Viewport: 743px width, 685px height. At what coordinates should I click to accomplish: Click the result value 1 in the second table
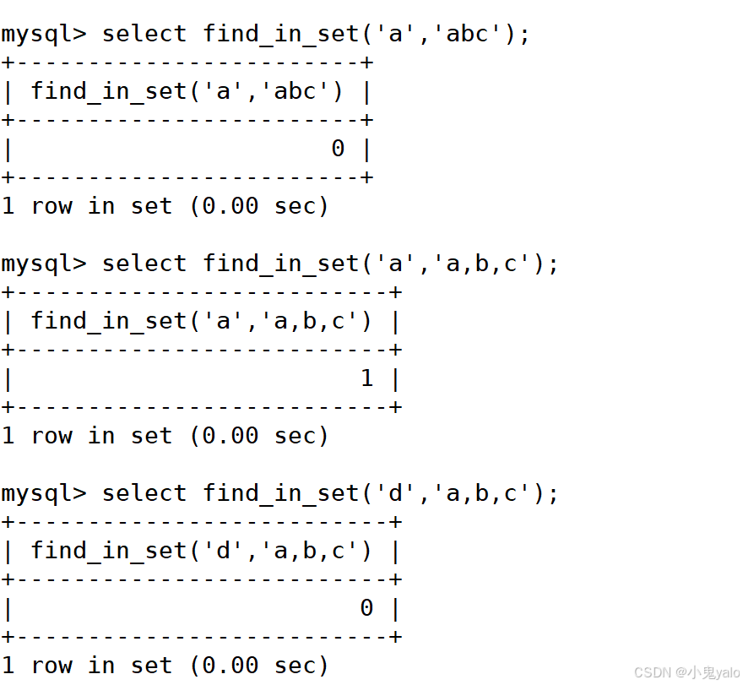pos(366,378)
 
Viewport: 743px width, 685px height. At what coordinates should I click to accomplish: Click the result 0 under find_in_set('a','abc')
pos(338,149)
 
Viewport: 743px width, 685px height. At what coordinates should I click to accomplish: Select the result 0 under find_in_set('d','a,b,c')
pos(366,608)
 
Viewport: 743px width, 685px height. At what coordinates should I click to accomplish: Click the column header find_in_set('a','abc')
pos(187,91)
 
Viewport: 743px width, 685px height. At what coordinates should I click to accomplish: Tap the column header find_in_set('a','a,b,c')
pos(201,321)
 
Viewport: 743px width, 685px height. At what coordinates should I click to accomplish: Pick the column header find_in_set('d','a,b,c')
pos(201,551)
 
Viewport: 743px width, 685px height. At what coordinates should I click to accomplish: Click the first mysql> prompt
pos(44,34)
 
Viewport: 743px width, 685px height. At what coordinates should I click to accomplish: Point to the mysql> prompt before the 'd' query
pos(44,493)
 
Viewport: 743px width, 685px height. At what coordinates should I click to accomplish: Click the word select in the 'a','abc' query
pos(144,34)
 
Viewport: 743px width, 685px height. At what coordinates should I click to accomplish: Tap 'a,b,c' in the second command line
pos(481,264)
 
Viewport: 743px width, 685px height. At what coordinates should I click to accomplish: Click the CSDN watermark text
pos(686,672)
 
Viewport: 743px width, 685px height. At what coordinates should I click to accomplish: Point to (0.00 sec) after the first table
pos(259,206)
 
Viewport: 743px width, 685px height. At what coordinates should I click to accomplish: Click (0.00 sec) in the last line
pos(259,666)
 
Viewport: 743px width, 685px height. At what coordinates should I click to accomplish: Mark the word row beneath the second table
pos(52,436)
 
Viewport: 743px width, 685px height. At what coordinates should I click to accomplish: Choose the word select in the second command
pos(144,264)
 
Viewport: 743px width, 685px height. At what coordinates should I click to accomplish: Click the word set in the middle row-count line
pos(151,436)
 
